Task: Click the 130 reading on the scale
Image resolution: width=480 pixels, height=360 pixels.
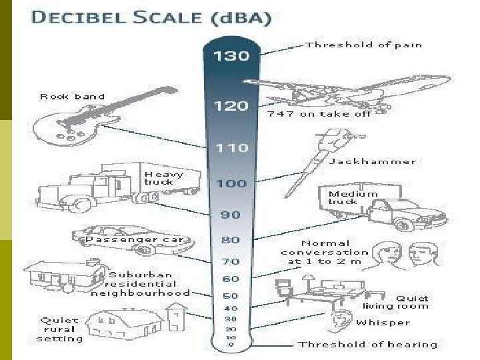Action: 231,56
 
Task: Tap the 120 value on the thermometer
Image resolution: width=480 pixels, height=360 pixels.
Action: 231,106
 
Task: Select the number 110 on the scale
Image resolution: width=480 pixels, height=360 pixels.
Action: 231,148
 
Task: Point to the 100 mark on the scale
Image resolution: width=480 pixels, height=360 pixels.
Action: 231,183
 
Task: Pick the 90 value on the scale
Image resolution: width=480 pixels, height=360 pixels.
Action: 231,215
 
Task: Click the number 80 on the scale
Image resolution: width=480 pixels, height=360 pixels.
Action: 231,239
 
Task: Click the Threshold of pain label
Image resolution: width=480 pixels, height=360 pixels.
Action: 363,45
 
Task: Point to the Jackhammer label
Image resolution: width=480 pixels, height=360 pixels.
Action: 382,161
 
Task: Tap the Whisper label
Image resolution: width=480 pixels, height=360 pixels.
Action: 383,323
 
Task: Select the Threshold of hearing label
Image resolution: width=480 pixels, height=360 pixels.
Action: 367,345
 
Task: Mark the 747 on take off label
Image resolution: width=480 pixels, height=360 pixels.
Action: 319,114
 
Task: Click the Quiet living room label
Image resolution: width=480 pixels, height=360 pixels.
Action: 395,302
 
